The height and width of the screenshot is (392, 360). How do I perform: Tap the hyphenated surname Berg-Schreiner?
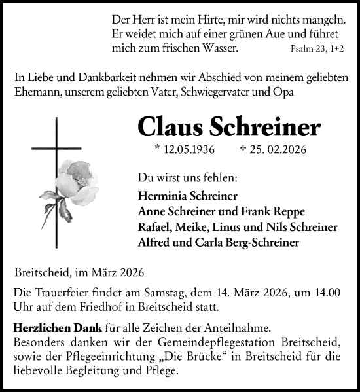coord(262,242)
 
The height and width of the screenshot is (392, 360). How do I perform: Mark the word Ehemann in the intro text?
coord(36,92)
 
